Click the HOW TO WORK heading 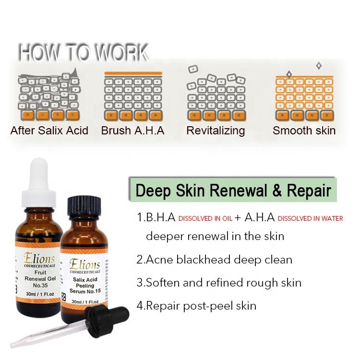tap(84, 53)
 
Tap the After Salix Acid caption tap(49, 131)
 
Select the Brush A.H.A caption tap(132, 131)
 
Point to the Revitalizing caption tap(216, 131)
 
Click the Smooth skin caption tap(304, 131)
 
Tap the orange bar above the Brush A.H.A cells tap(133, 73)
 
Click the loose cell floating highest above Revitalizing tap(193, 69)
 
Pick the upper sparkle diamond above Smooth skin tap(319, 66)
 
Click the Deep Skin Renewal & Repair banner tap(233, 190)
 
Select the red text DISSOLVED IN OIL tap(205, 218)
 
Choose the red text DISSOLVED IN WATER tap(311, 218)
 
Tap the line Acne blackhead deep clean tap(214, 260)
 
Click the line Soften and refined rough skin tap(219, 283)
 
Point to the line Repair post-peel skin tap(196, 306)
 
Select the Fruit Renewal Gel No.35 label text tap(40, 279)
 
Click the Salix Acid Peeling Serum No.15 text tap(85, 286)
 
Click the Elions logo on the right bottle tap(84, 264)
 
